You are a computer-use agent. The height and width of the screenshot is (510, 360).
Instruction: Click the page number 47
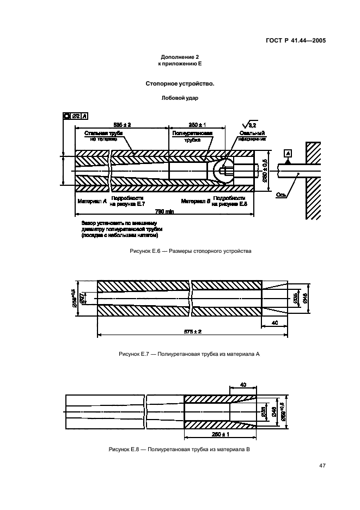tap(322, 465)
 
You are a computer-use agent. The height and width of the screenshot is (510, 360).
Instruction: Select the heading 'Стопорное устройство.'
tap(180, 84)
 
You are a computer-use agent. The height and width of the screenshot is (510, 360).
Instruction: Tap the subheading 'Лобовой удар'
tap(180, 99)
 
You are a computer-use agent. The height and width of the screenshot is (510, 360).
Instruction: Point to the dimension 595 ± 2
tap(122, 124)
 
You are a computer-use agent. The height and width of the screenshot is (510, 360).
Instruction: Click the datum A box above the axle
tap(288, 153)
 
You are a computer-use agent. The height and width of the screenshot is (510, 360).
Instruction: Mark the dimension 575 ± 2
tap(192, 331)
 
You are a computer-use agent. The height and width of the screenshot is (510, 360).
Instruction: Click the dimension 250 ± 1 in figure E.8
tap(219, 434)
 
